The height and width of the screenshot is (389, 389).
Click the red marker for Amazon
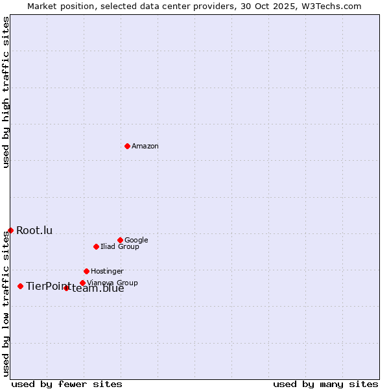point(127,146)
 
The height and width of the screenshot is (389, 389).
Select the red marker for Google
point(120,240)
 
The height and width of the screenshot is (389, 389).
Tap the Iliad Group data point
point(96,246)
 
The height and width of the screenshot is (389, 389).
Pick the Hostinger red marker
point(86,271)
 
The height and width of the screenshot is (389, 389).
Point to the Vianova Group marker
point(82,283)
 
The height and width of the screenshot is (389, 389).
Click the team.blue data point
point(66,288)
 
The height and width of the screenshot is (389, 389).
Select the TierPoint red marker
point(20,286)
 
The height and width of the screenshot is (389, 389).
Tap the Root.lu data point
point(10,230)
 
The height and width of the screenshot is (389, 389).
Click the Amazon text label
point(145,147)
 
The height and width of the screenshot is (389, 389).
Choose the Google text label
point(136,240)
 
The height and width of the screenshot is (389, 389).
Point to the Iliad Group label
point(120,246)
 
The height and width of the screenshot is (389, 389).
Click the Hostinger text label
point(107,271)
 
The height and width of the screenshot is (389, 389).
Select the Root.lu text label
point(34,230)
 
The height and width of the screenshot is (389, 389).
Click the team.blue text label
point(98,289)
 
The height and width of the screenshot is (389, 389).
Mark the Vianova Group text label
point(112,283)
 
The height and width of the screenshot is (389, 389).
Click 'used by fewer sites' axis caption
point(67,384)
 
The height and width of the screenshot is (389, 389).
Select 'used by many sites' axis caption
point(325,384)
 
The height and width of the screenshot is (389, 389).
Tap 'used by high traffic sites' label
point(6,92)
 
